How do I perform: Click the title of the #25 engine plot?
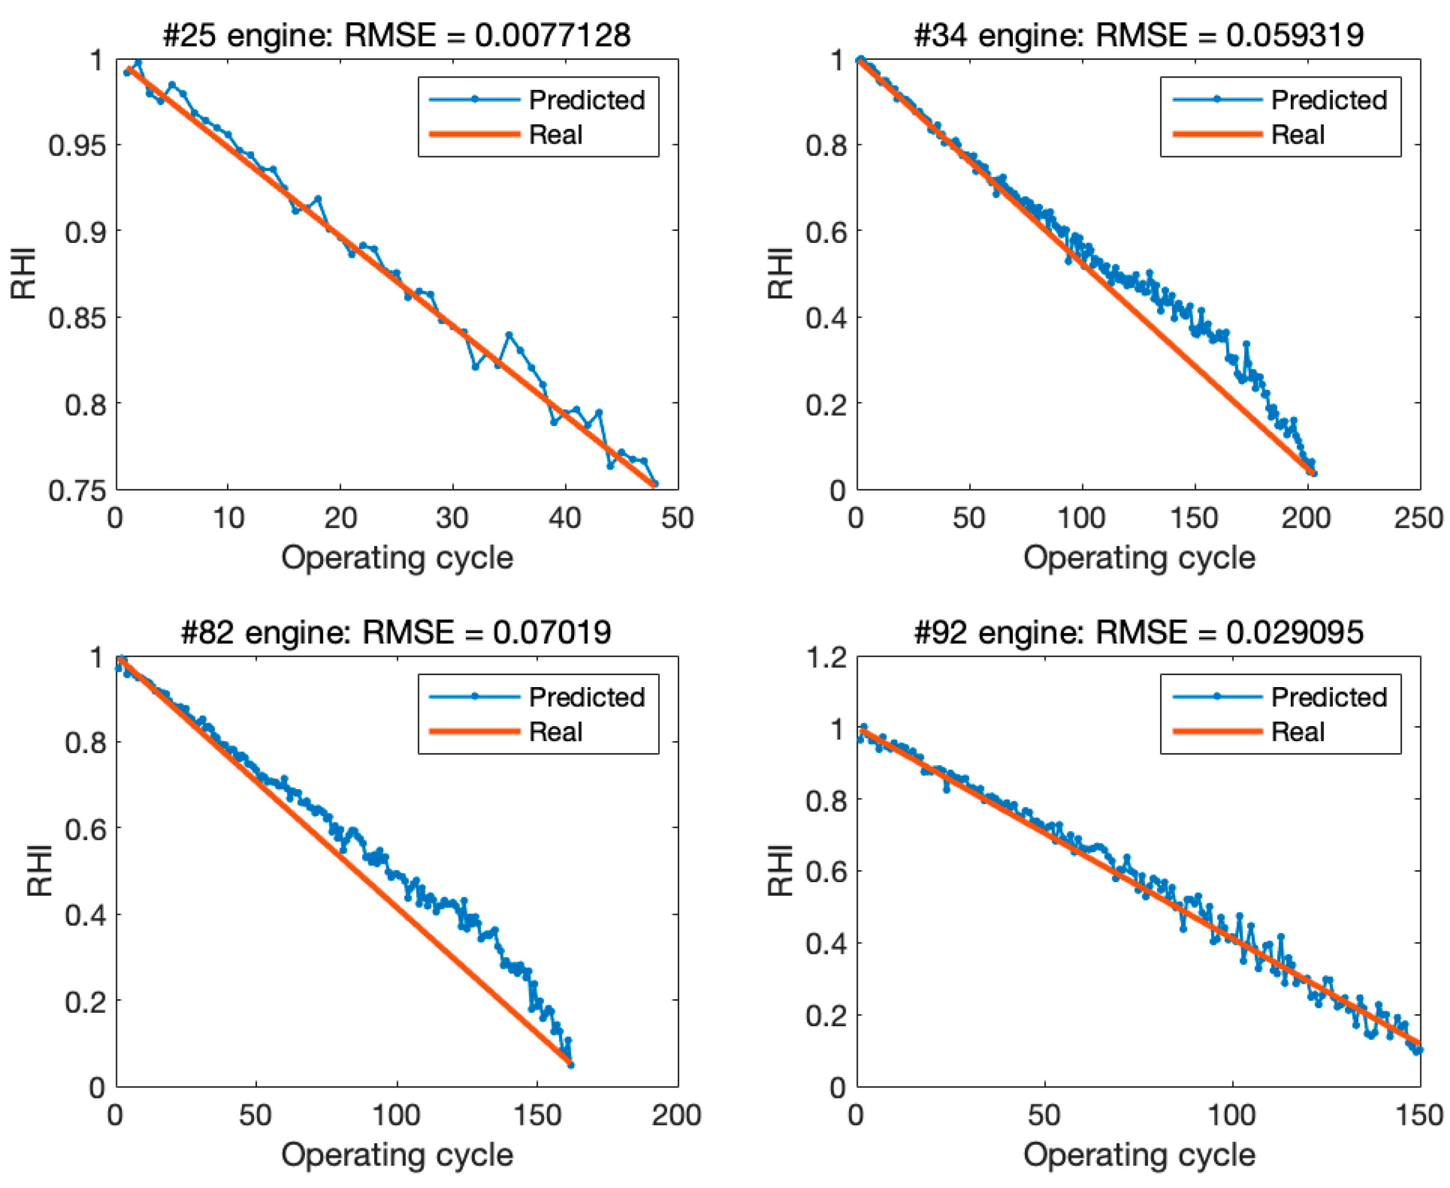396,35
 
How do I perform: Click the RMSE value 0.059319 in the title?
1294,35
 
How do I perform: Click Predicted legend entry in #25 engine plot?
586,100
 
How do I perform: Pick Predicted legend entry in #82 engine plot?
586,696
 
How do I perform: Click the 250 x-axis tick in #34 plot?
1418,518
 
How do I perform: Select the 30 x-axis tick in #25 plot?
452,518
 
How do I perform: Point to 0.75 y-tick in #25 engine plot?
78,490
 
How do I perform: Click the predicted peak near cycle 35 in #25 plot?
508,334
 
